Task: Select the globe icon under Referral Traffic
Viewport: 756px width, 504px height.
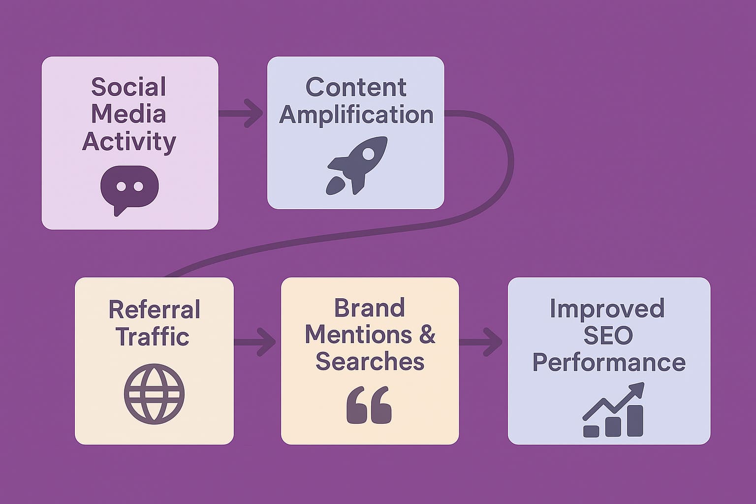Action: pyautogui.click(x=154, y=394)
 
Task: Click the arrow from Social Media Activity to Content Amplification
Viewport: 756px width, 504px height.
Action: pyautogui.click(x=241, y=113)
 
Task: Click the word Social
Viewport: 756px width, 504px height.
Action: pyautogui.click(x=129, y=87)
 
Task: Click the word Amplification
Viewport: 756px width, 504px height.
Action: pyautogui.click(x=356, y=114)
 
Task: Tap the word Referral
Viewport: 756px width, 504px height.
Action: pyautogui.click(x=154, y=310)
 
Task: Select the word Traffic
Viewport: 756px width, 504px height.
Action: pyautogui.click(x=153, y=337)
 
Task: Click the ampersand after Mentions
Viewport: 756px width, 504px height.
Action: pyautogui.click(x=427, y=335)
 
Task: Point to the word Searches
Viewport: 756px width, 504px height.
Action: pyautogui.click(x=370, y=362)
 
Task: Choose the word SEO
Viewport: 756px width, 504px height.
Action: pyautogui.click(x=608, y=335)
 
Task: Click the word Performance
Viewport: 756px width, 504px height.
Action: pyautogui.click(x=609, y=362)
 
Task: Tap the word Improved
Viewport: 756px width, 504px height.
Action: pyautogui.click(x=607, y=309)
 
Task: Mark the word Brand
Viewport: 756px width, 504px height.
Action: pyautogui.click(x=370, y=308)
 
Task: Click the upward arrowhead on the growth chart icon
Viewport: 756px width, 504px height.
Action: pyautogui.click(x=638, y=389)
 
